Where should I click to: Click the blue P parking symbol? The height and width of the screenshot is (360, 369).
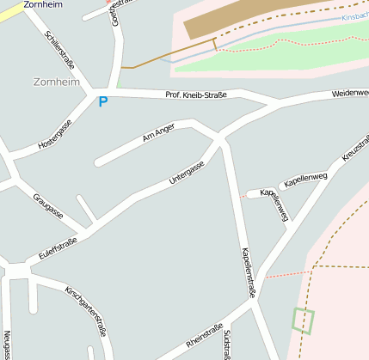pyautogui.click(x=103, y=101)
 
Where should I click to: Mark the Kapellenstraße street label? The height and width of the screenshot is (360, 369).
pyautogui.click(x=249, y=272)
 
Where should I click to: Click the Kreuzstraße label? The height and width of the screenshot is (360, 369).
pyautogui.click(x=355, y=148)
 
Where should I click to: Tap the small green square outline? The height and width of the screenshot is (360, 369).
pyautogui.click(x=303, y=320)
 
